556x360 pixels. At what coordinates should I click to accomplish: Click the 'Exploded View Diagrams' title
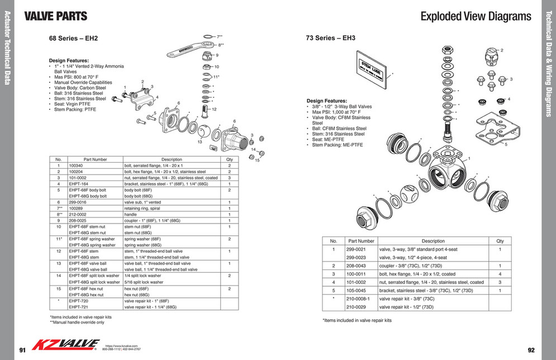[476, 16]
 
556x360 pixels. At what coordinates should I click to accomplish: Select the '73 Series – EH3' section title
[330, 39]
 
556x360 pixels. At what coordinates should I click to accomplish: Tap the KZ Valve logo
[66, 344]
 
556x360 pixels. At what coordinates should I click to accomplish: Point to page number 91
[22, 350]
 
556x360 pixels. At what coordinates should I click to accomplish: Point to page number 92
[531, 350]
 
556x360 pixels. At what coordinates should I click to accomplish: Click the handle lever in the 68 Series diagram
[187, 49]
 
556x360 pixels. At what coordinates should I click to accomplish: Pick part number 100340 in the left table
[76, 166]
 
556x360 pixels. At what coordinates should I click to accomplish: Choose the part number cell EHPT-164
[79, 183]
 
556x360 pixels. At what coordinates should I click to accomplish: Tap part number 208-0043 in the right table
[356, 266]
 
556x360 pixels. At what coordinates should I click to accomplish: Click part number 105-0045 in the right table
[356, 290]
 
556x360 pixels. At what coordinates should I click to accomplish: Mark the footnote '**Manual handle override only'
[77, 322]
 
